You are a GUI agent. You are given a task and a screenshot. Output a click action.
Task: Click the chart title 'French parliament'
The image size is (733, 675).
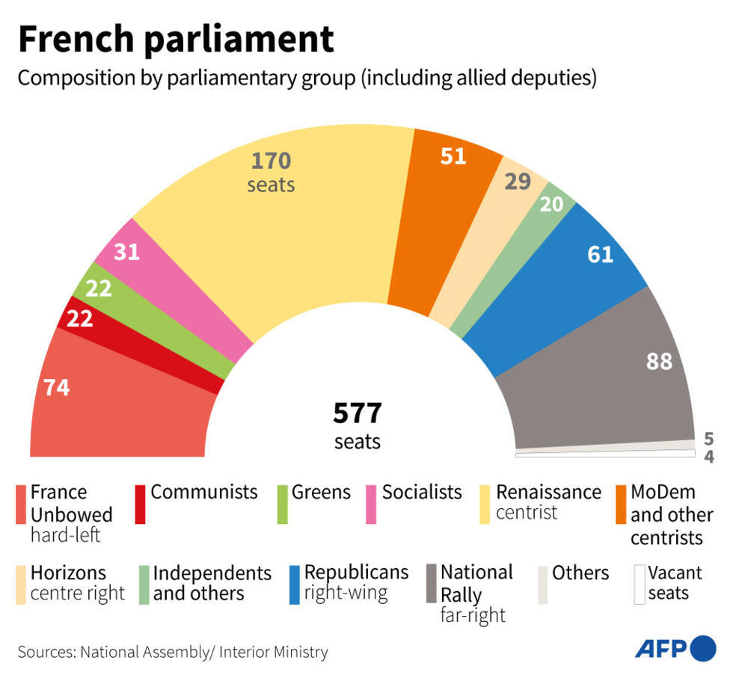tap(176, 39)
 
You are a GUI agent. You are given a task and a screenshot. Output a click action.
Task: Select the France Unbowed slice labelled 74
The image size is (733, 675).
tap(112, 404)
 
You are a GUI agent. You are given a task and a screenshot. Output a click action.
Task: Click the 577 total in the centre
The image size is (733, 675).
tap(358, 413)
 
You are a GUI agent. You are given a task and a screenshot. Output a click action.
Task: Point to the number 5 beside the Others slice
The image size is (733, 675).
tap(708, 438)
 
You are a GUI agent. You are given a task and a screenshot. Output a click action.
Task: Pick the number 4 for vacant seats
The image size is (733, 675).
tap(708, 456)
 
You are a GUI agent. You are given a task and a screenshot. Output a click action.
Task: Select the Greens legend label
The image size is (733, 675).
tap(321, 492)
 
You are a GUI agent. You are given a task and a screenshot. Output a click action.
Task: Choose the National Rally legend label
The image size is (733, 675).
tap(476, 583)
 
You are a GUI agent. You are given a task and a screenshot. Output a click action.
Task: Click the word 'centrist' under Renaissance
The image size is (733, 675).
tap(527, 513)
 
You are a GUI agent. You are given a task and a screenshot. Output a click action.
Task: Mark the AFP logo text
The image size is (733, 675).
tap(661, 648)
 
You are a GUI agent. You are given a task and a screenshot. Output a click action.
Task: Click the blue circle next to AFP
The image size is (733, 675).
tap(703, 648)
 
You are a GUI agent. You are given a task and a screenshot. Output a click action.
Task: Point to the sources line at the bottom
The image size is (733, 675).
tap(173, 652)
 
